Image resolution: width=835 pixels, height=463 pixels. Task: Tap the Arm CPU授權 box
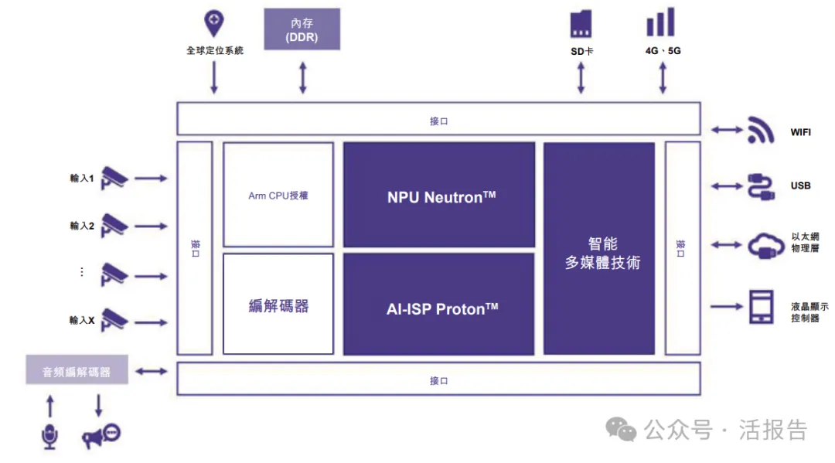[x=278, y=195]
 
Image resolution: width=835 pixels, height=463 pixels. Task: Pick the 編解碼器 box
[x=278, y=305]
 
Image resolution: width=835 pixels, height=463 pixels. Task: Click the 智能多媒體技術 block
[x=599, y=249]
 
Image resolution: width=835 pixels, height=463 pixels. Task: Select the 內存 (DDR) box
[x=302, y=29]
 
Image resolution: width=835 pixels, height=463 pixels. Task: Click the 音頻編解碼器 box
[x=77, y=371]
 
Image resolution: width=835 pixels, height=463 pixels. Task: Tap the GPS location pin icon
[x=213, y=24]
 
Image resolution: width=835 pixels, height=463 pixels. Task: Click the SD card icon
[x=581, y=25]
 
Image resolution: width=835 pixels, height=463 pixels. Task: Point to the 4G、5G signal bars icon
[x=661, y=22]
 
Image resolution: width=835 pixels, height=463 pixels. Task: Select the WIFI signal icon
[x=761, y=131]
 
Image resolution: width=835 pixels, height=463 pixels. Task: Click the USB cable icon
[x=761, y=186]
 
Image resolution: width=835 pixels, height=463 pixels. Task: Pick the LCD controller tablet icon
[x=762, y=307]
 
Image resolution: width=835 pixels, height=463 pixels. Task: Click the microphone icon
[x=50, y=436]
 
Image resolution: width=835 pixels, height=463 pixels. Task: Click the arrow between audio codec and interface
[x=152, y=372]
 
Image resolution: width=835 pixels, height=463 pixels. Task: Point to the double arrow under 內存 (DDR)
[x=302, y=77]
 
